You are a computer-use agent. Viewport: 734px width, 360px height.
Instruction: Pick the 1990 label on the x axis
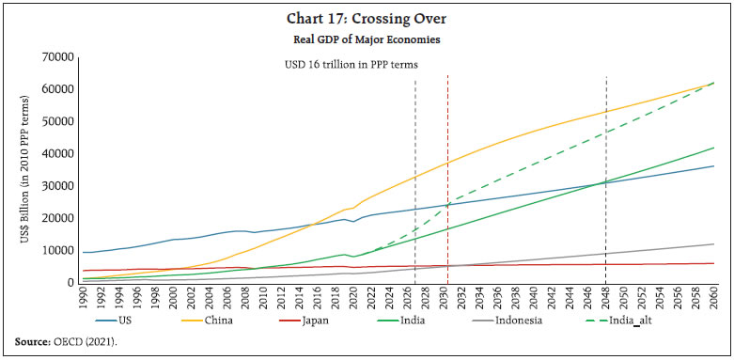[x=86, y=302]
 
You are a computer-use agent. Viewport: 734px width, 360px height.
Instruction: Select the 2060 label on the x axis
[x=713, y=302]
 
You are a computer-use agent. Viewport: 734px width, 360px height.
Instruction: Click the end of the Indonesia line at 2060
[x=713, y=244]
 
